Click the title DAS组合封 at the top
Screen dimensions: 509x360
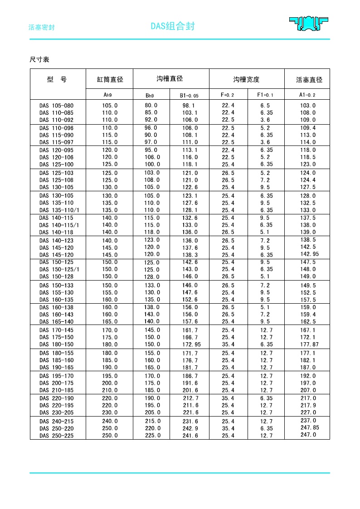(x=173, y=26)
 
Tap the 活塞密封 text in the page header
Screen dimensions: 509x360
(x=42, y=27)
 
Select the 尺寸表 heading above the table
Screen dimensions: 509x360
(x=39, y=59)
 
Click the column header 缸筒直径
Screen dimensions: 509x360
(x=110, y=79)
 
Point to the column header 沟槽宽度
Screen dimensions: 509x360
(x=246, y=79)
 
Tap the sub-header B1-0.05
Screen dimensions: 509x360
(x=189, y=95)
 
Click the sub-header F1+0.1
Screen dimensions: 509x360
(x=266, y=95)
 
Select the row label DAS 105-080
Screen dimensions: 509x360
(x=56, y=106)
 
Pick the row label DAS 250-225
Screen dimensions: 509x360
(x=56, y=436)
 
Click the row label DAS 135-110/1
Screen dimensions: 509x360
(x=59, y=210)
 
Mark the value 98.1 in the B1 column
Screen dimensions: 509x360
(x=189, y=106)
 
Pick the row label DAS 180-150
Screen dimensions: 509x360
(x=56, y=344)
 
